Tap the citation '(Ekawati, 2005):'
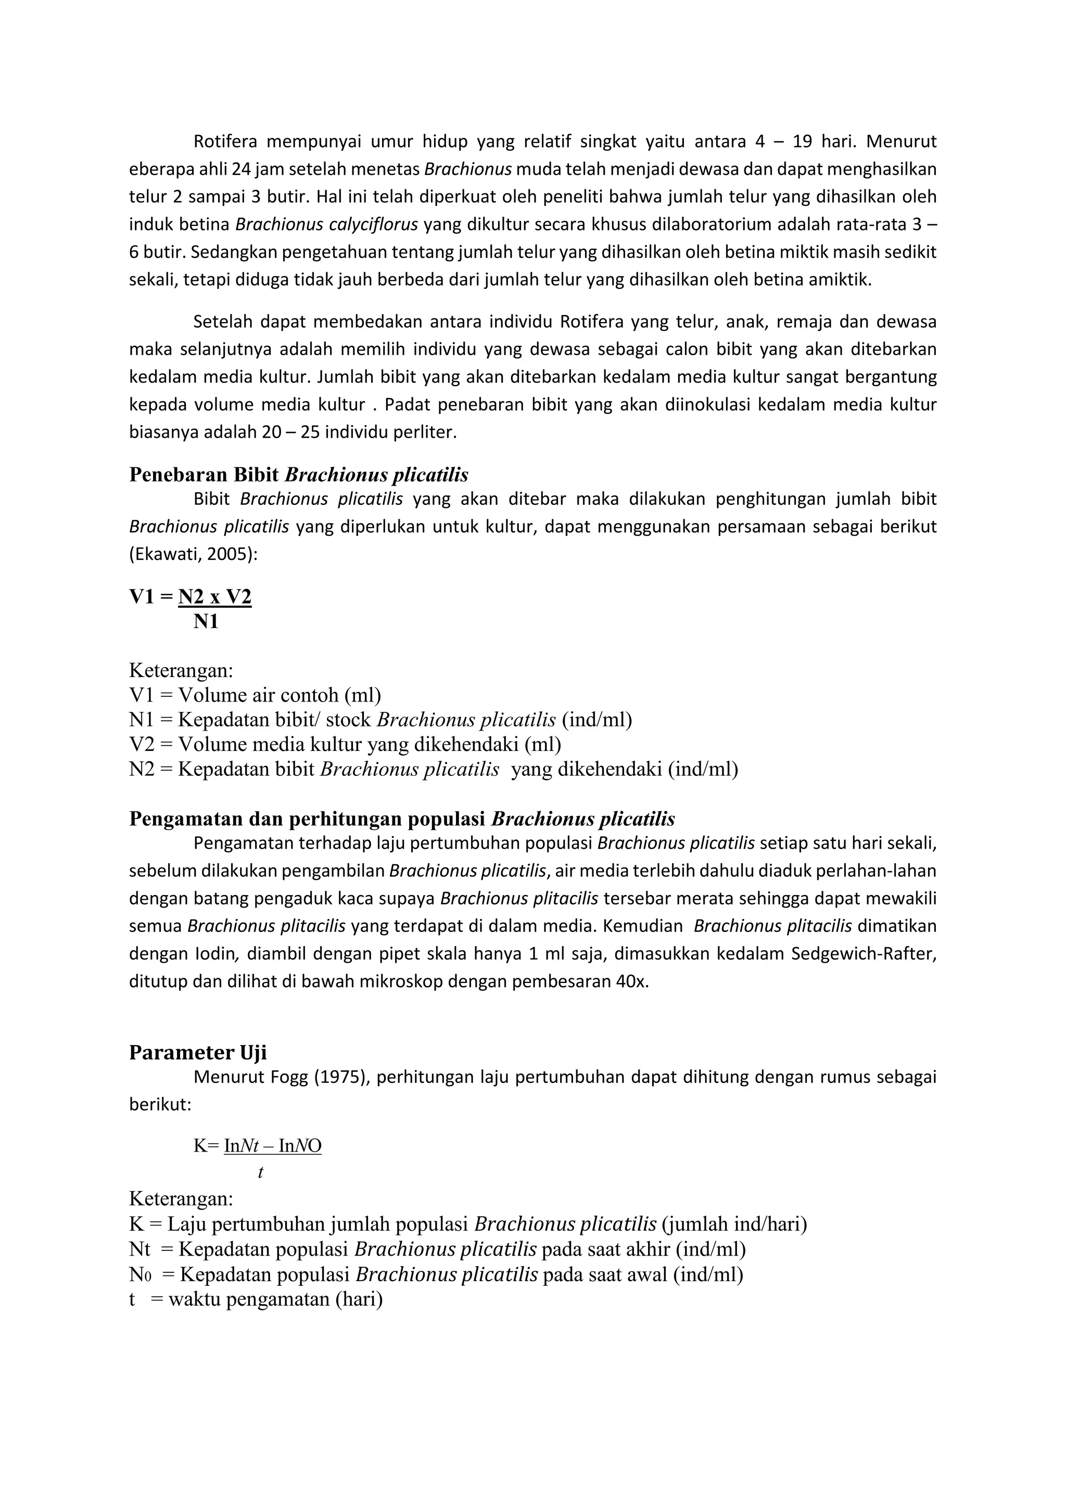pyautogui.click(x=193, y=554)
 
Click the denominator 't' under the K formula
pyautogui.click(x=261, y=1173)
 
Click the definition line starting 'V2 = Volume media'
pyautogui.click(x=345, y=744)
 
